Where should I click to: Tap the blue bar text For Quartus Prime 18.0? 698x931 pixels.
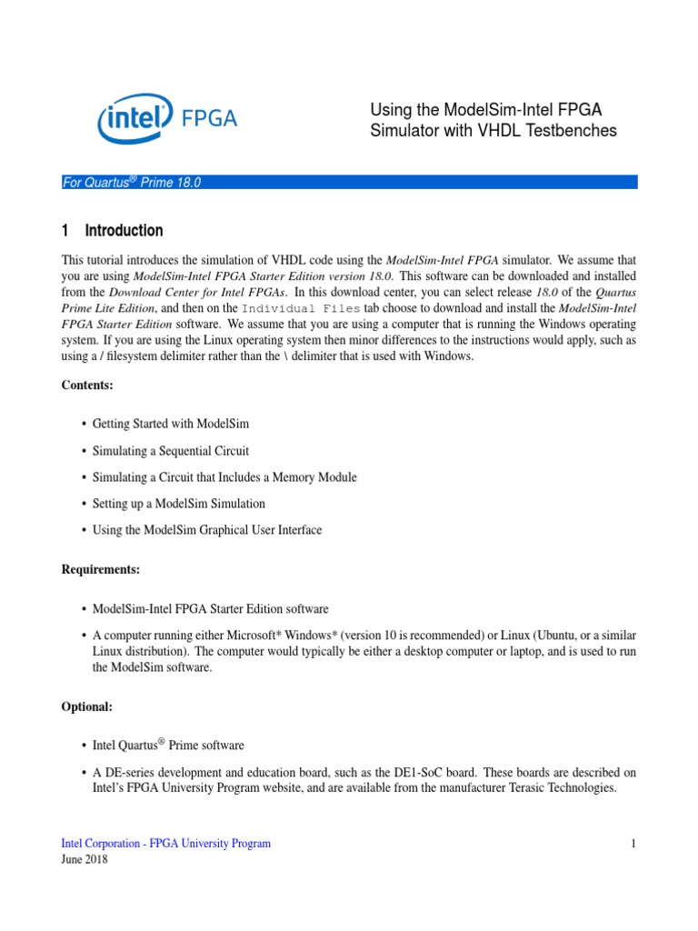point(131,183)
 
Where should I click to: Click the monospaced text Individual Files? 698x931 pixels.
point(310,308)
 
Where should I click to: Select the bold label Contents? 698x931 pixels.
point(87,385)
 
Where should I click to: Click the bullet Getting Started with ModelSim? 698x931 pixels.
point(171,425)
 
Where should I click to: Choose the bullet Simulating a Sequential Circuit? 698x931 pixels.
point(171,451)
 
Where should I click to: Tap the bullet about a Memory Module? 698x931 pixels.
point(224,477)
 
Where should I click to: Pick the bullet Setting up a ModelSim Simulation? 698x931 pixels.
point(179,504)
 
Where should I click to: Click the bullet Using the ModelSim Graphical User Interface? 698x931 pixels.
point(207,530)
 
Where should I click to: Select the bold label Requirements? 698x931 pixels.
point(100,569)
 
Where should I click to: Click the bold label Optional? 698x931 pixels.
point(87,706)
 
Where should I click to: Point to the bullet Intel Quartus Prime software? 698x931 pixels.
point(168,746)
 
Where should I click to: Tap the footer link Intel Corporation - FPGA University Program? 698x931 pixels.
point(165,844)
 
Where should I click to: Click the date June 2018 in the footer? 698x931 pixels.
point(85,859)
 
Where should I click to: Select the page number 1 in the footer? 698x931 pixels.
point(633,844)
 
